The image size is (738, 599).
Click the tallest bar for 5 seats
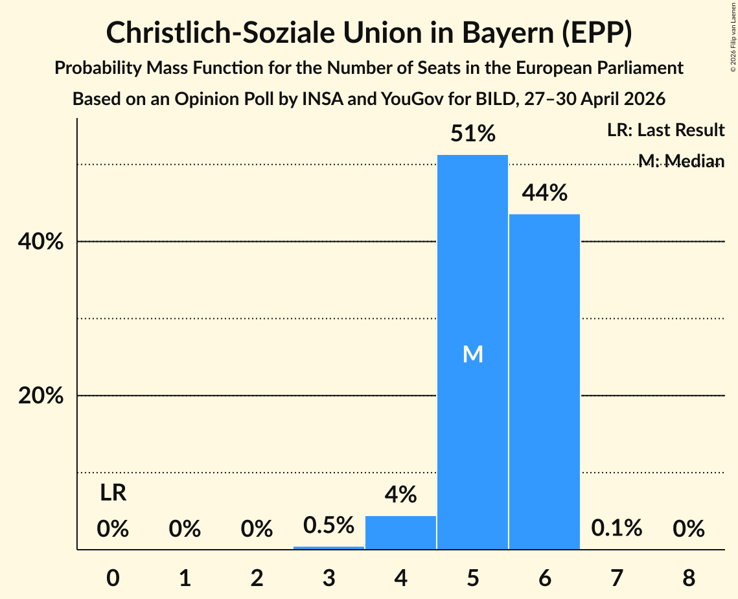pos(472,352)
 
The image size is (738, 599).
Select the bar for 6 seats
pos(544,381)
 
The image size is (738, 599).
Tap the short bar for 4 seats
pos(400,533)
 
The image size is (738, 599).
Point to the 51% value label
pos(473,134)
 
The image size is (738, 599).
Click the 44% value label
pos(544,193)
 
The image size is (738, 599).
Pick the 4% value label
pos(400,495)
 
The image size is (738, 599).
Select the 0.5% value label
pos(329,525)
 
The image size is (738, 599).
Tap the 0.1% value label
pos(617,528)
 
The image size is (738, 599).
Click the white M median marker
pos(473,354)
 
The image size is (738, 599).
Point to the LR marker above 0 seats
pos(113,493)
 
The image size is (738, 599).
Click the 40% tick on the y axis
pos(40,242)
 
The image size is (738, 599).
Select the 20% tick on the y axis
pos(40,395)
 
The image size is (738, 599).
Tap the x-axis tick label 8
pos(689,578)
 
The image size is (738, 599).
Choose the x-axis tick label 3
pos(329,578)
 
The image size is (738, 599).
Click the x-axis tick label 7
pos(617,578)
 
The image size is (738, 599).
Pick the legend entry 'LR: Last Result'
pos(665,130)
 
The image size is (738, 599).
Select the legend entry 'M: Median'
pos(682,161)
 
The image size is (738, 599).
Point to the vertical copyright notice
pos(733,37)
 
